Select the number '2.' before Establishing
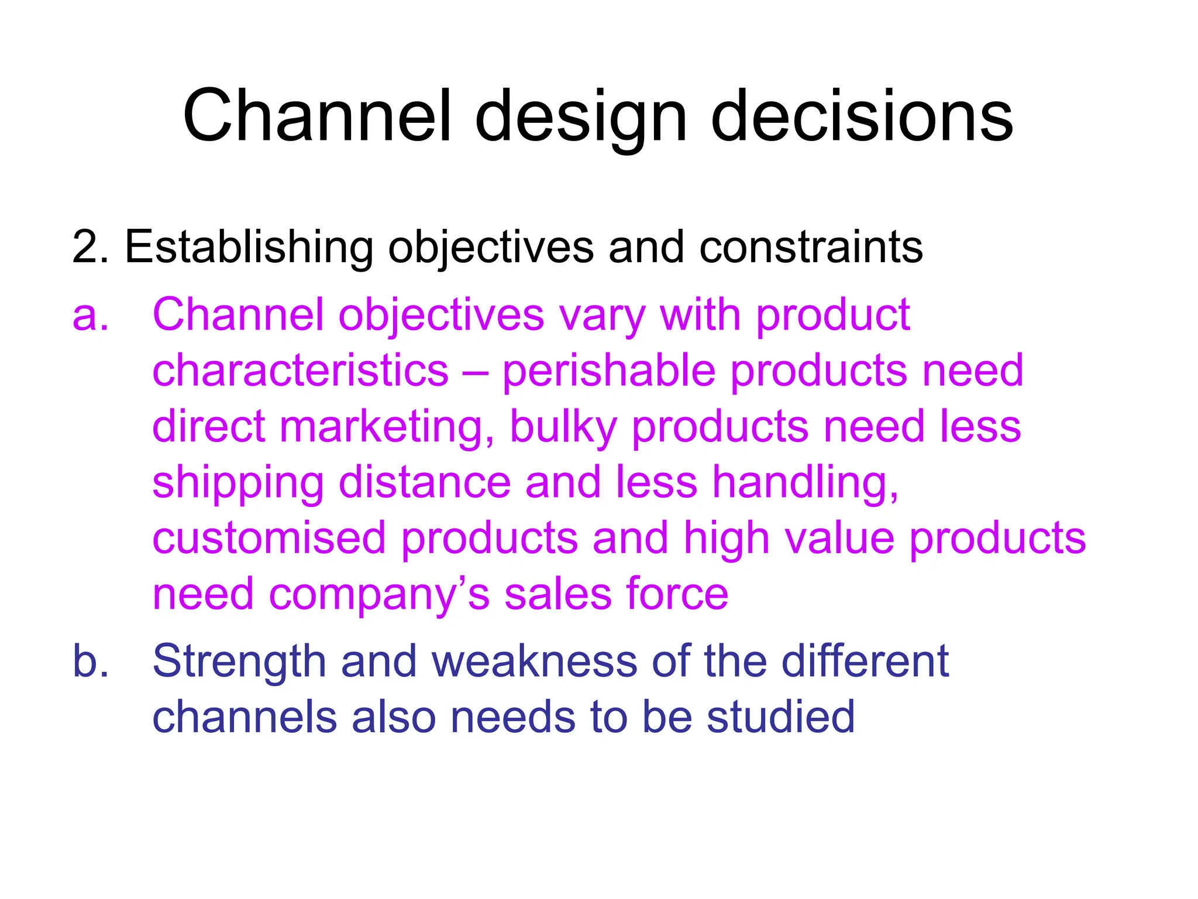[x=90, y=248]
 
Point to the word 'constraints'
[x=811, y=248]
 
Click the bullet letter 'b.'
[x=90, y=662]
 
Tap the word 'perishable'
[x=608, y=372]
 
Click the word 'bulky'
[x=563, y=427]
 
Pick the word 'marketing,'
[x=387, y=427]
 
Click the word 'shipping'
[x=237, y=483]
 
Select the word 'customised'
[x=269, y=538]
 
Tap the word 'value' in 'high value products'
[x=839, y=538]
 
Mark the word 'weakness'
[x=534, y=662]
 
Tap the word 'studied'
[x=780, y=718]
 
